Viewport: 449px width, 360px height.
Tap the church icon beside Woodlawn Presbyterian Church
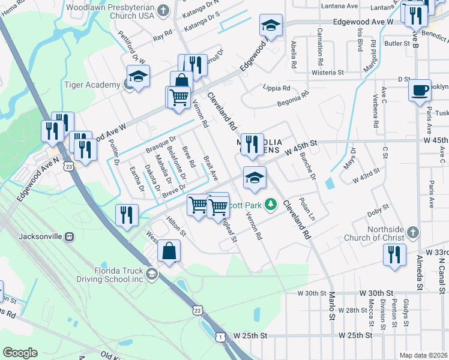(161, 10)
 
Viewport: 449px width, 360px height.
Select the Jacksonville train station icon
(70, 236)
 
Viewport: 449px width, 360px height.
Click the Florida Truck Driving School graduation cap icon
(152, 274)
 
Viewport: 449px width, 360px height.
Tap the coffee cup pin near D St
(420, 90)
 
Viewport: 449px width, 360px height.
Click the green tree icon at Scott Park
(271, 205)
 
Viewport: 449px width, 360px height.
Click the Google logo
(20, 352)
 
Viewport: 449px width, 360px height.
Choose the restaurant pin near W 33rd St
(395, 254)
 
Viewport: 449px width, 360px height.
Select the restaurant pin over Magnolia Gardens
(252, 144)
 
